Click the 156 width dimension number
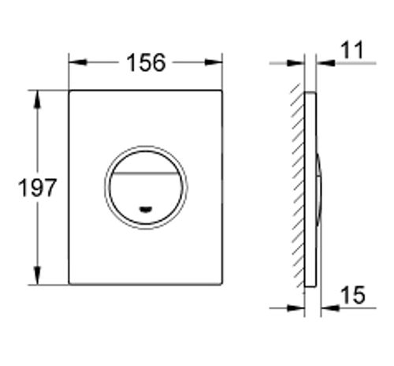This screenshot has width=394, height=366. pos(146,63)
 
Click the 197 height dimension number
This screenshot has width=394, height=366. pos(37,188)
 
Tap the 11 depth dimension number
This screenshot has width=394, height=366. pos(353,50)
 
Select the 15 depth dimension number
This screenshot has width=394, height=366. pos(353,295)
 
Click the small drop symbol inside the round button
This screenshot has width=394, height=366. pos(146,209)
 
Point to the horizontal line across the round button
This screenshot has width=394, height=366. pos(146,173)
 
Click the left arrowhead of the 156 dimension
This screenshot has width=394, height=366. pos(78,62)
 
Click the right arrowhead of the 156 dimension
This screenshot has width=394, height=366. pos(214,62)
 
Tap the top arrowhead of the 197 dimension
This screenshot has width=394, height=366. pos(38,99)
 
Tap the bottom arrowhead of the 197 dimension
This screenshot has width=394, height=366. pos(38,275)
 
